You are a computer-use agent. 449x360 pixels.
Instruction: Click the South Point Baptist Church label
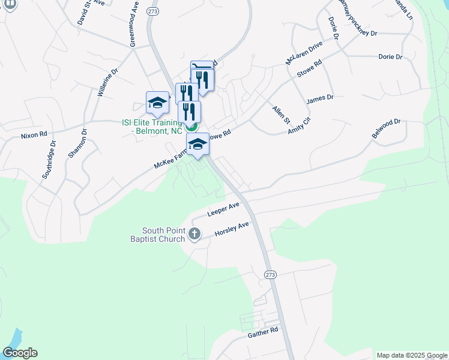pyautogui.click(x=164, y=235)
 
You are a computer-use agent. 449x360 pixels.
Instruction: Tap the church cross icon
pyautogui.click(x=194, y=234)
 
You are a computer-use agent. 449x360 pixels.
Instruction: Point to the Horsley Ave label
pyautogui.click(x=232, y=229)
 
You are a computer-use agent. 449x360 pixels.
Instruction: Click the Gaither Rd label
pyautogui.click(x=263, y=331)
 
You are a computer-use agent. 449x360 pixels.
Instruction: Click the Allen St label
pyautogui.click(x=281, y=113)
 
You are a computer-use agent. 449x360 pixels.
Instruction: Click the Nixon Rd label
pyautogui.click(x=34, y=136)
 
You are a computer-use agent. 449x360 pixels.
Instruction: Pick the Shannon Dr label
pyautogui.click(x=77, y=143)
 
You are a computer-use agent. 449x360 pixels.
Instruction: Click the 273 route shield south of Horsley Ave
pyautogui.click(x=270, y=274)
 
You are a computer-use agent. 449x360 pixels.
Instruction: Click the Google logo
pyautogui.click(x=20, y=353)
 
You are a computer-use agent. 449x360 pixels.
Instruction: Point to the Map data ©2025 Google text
pyautogui.click(x=412, y=355)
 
